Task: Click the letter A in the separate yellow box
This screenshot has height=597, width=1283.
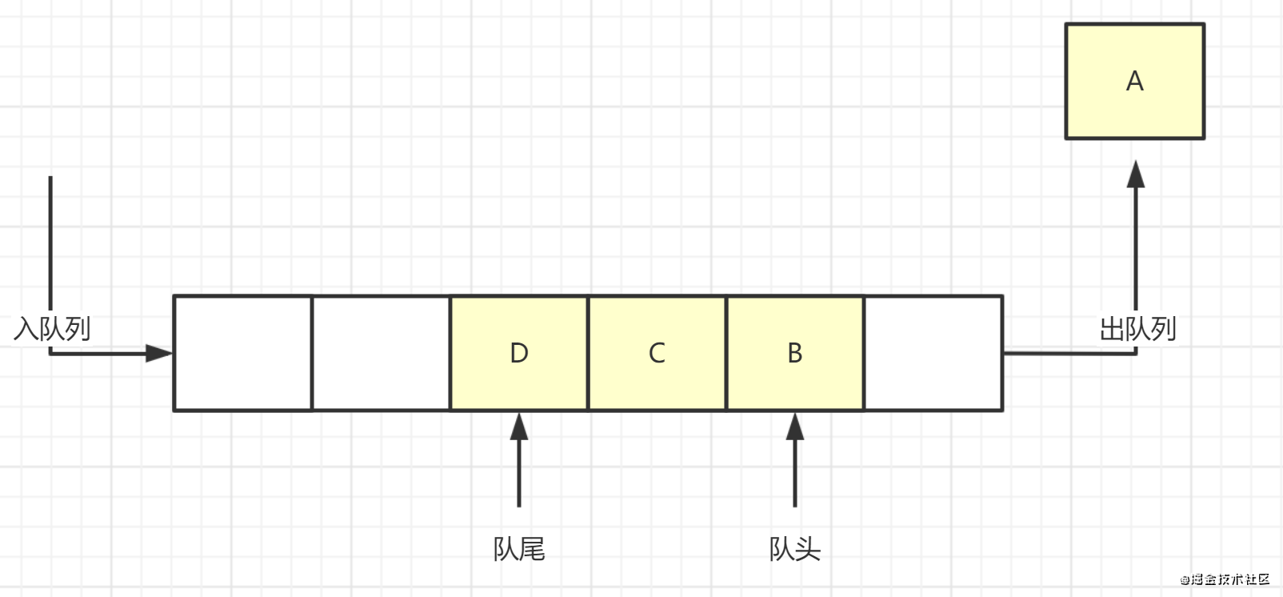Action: click(x=1134, y=82)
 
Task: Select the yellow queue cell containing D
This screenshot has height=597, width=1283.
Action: click(x=519, y=353)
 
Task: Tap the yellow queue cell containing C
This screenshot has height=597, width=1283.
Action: click(x=657, y=353)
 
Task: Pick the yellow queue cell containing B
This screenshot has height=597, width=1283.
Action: click(x=795, y=353)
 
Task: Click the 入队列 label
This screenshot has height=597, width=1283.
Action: click(x=52, y=328)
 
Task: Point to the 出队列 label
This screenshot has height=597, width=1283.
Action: click(x=1137, y=328)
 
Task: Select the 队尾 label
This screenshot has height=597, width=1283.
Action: click(x=519, y=550)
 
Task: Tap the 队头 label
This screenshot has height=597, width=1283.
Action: click(x=795, y=550)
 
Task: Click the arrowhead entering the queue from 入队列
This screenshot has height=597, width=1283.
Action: click(x=159, y=353)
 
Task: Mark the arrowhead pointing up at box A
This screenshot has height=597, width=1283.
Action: click(x=1136, y=174)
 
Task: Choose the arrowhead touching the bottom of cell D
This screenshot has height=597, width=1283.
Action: click(x=519, y=426)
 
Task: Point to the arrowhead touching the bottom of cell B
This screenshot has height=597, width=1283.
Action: click(x=795, y=426)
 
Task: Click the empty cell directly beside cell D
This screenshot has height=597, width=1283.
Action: click(x=381, y=353)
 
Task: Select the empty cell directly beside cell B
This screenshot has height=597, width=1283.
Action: click(x=933, y=353)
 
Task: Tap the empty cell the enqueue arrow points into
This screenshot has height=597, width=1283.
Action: click(x=242, y=353)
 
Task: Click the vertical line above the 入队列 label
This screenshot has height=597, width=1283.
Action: click(x=50, y=240)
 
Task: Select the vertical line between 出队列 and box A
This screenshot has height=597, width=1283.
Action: click(x=1136, y=248)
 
